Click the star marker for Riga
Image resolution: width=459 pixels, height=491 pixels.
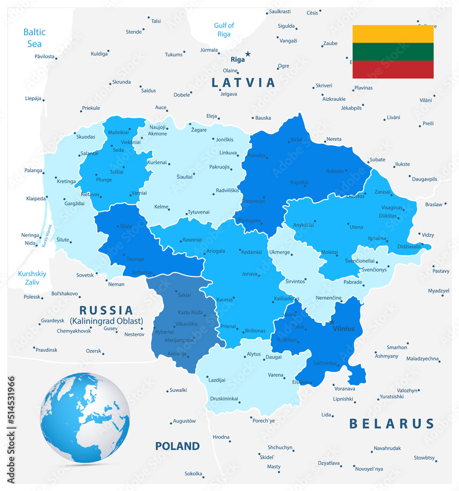point(248,54)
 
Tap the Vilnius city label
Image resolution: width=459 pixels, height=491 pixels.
point(343,328)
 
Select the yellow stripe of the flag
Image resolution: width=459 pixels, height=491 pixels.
point(393,34)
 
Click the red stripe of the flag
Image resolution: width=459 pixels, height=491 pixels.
point(393,69)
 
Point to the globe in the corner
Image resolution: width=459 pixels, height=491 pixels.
point(85,417)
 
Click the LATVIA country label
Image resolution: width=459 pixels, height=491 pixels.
point(243,82)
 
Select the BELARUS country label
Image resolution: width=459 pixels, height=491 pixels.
point(392,424)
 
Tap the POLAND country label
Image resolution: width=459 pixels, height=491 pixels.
point(177,446)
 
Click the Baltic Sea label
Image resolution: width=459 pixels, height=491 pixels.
point(34,38)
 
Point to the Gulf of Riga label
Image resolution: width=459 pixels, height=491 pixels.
point(224,29)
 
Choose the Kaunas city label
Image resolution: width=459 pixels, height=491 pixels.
point(224,300)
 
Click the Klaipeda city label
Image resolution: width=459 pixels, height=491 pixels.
point(36,199)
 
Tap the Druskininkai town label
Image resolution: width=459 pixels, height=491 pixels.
point(224,398)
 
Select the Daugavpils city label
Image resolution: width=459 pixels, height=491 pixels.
point(424,179)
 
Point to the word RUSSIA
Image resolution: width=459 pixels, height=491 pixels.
point(107,310)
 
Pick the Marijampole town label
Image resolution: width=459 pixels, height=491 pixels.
point(179,339)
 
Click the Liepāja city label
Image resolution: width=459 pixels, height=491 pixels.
point(33,98)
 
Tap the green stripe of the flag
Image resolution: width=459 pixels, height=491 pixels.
point(393,52)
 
